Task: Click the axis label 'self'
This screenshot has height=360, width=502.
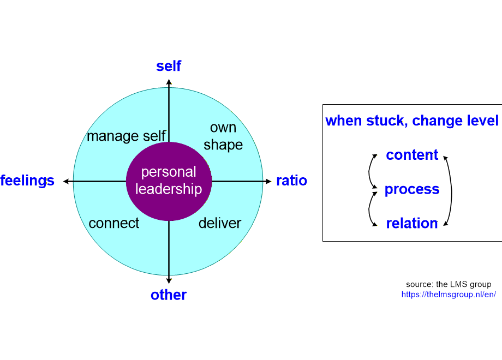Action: [169, 67]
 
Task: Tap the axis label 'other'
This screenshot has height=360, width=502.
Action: [169, 295]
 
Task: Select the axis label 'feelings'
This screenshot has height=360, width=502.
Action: [27, 181]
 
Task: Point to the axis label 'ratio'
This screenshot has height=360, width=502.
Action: [291, 181]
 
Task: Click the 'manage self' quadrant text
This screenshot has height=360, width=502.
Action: [126, 136]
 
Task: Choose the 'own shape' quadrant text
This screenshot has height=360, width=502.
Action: [223, 136]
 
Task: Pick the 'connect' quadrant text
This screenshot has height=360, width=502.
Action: [114, 223]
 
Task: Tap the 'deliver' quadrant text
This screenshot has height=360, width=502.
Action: [220, 223]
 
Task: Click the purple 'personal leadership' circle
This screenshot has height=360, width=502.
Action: [169, 181]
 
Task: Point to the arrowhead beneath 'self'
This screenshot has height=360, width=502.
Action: [169, 82]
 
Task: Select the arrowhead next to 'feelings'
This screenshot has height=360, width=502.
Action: [66, 181]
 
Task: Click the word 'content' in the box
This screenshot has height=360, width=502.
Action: [412, 155]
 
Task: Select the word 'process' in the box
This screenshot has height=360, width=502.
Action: [412, 189]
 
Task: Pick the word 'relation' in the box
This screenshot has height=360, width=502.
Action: [412, 224]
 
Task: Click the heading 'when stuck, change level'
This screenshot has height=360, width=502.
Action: [412, 121]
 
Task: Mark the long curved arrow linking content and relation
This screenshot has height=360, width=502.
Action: [451, 190]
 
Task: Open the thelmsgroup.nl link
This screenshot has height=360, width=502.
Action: [449, 294]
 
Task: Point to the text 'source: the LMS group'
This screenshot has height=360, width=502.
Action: [449, 284]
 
